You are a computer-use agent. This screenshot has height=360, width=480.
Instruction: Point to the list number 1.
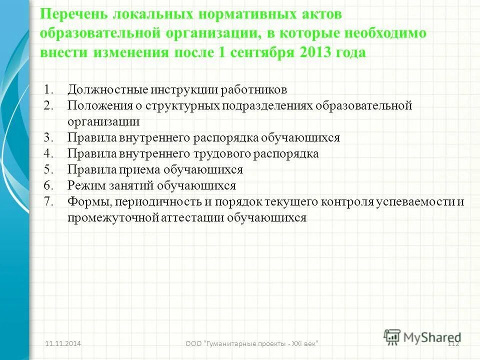[x=48, y=90]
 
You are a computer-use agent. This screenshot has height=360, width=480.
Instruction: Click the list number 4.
[x=48, y=154]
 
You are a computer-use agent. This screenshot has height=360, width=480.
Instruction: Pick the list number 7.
[x=48, y=202]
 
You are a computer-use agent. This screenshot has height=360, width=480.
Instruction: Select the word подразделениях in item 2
[x=271, y=106]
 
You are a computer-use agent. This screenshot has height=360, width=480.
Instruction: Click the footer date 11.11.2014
[x=63, y=343]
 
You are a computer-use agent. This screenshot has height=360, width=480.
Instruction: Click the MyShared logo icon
[x=392, y=336]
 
